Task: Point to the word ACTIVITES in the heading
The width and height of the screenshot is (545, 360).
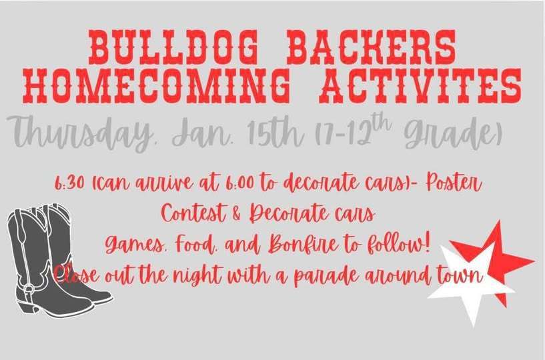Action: [420, 86]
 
